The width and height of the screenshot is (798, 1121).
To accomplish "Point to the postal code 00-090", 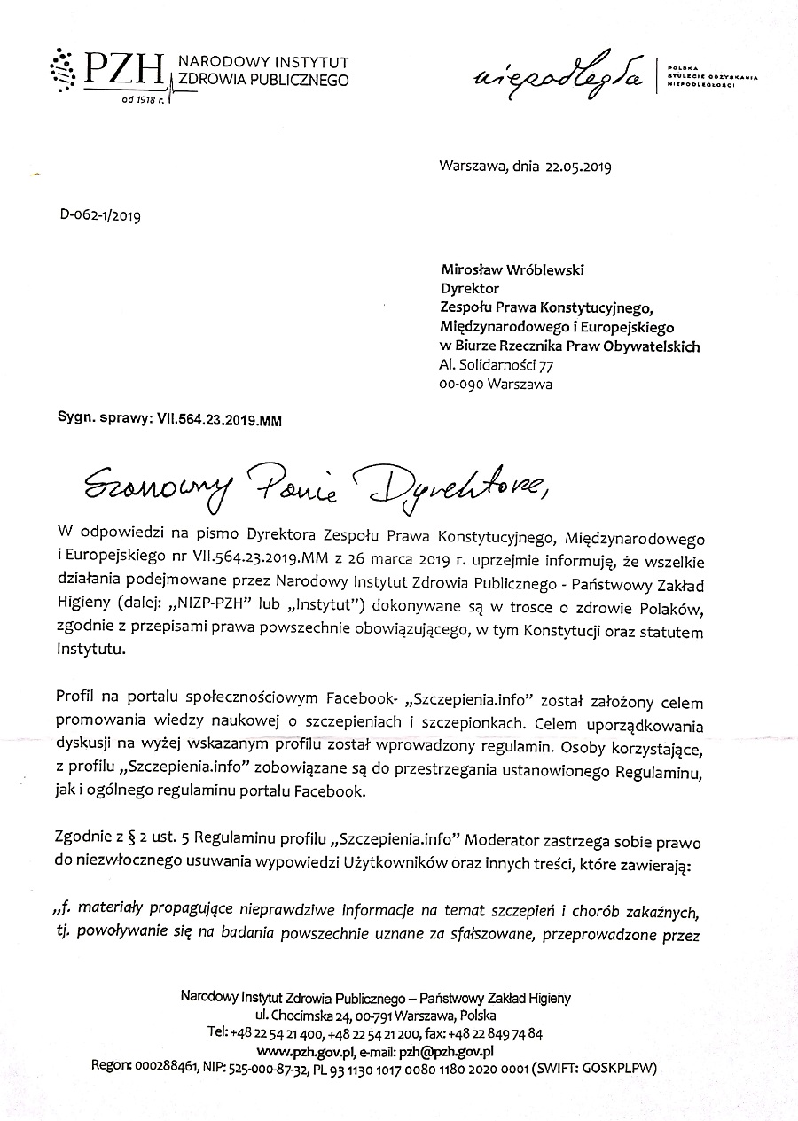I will click(x=459, y=385).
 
